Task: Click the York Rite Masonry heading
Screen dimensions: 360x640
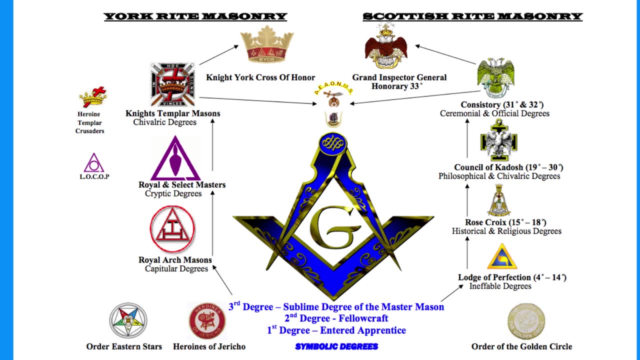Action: pos(195,16)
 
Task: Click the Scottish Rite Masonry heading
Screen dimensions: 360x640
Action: pos(472,16)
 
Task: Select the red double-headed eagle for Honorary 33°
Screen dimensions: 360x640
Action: pos(385,46)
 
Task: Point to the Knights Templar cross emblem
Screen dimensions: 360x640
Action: pos(172,84)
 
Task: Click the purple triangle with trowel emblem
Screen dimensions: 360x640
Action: pos(175,158)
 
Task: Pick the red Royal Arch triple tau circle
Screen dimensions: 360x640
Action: pos(172,229)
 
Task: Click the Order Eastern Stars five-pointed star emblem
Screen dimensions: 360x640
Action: pos(128,320)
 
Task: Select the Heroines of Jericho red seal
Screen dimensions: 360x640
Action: pos(207,320)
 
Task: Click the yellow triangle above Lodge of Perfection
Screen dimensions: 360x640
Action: pos(502,257)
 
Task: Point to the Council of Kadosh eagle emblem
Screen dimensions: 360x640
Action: pos(498,141)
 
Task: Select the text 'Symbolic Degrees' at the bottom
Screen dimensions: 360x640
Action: pos(336,346)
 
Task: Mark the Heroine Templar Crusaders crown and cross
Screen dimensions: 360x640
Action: pos(93,97)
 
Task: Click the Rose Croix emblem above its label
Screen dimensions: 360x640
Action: pos(498,200)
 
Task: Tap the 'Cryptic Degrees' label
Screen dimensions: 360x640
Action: pos(173,193)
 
